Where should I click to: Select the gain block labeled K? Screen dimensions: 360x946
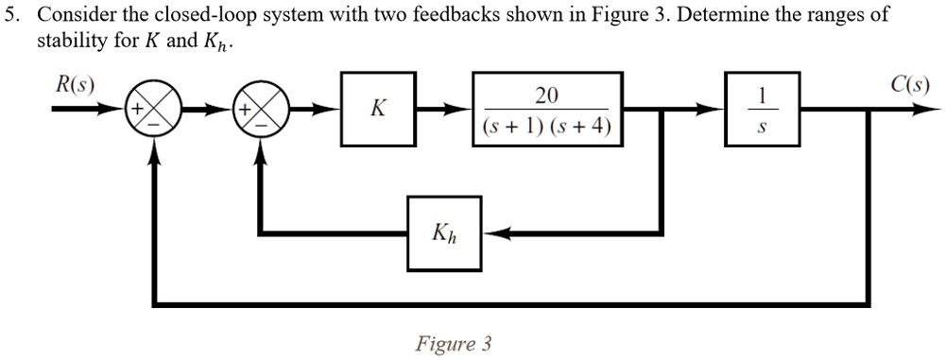[377, 110]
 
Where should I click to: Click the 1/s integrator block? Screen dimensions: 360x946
[763, 110]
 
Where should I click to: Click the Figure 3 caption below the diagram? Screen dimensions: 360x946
[454, 343]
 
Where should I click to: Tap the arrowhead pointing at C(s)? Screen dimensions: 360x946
[922, 110]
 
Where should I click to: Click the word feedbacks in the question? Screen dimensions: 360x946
[456, 17]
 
